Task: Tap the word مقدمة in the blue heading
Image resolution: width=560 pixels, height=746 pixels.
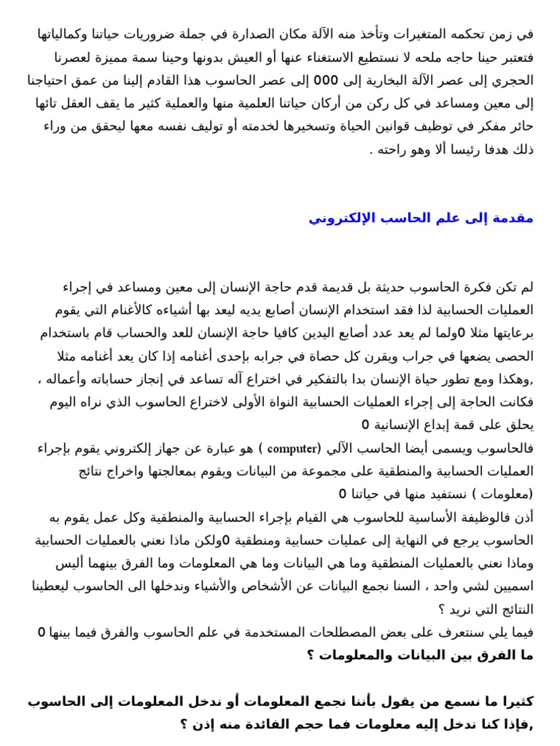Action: pos(514,218)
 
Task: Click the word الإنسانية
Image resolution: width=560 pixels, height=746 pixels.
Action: pos(400,425)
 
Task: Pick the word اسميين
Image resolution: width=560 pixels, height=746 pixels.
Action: pos(509,586)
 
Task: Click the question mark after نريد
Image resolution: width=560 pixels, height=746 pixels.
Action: pos(441,609)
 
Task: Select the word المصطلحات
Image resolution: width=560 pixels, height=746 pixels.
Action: pos(326,632)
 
